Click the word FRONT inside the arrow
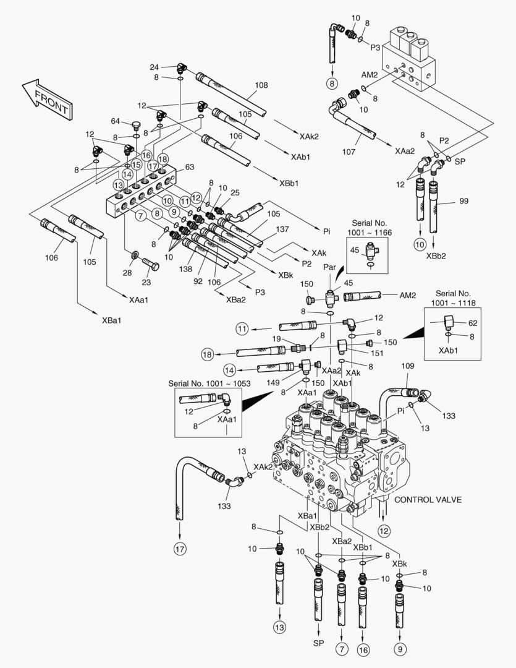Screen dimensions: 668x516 [x=51, y=101]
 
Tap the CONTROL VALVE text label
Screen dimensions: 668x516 [x=428, y=500]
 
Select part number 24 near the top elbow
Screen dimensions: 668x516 [x=154, y=67]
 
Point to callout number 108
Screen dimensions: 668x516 [x=261, y=85]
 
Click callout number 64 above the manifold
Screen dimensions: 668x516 [x=116, y=121]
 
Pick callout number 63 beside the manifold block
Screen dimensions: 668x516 [x=190, y=166]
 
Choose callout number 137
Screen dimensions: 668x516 [x=282, y=229]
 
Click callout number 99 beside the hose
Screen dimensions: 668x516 [x=464, y=201]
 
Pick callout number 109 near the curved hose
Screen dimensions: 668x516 [x=407, y=367]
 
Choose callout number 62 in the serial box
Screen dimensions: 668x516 [x=473, y=323]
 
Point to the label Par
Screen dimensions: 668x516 [x=329, y=267]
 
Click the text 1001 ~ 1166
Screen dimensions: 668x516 [x=370, y=231]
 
